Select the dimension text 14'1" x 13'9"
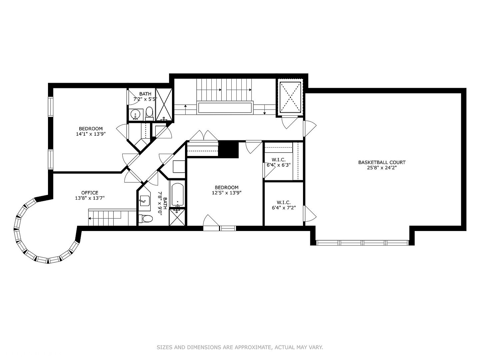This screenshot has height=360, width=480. pyautogui.click(x=91, y=134)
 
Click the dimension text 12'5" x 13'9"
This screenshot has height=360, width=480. pyautogui.click(x=226, y=193)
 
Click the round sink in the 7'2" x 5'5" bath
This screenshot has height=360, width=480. pyautogui.click(x=135, y=114)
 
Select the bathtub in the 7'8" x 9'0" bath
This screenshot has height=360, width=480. pyautogui.click(x=177, y=195)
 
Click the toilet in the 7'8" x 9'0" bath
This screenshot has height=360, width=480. pyautogui.click(x=146, y=219)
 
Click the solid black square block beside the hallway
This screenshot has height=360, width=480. pyautogui.click(x=229, y=149)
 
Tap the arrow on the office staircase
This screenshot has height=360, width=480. pyautogui.click(x=90, y=219)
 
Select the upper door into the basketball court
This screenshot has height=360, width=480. pyautogui.click(x=309, y=128)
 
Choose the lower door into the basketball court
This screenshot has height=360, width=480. pyautogui.click(x=309, y=213)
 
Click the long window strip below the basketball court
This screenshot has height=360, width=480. pyautogui.click(x=362, y=242)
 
